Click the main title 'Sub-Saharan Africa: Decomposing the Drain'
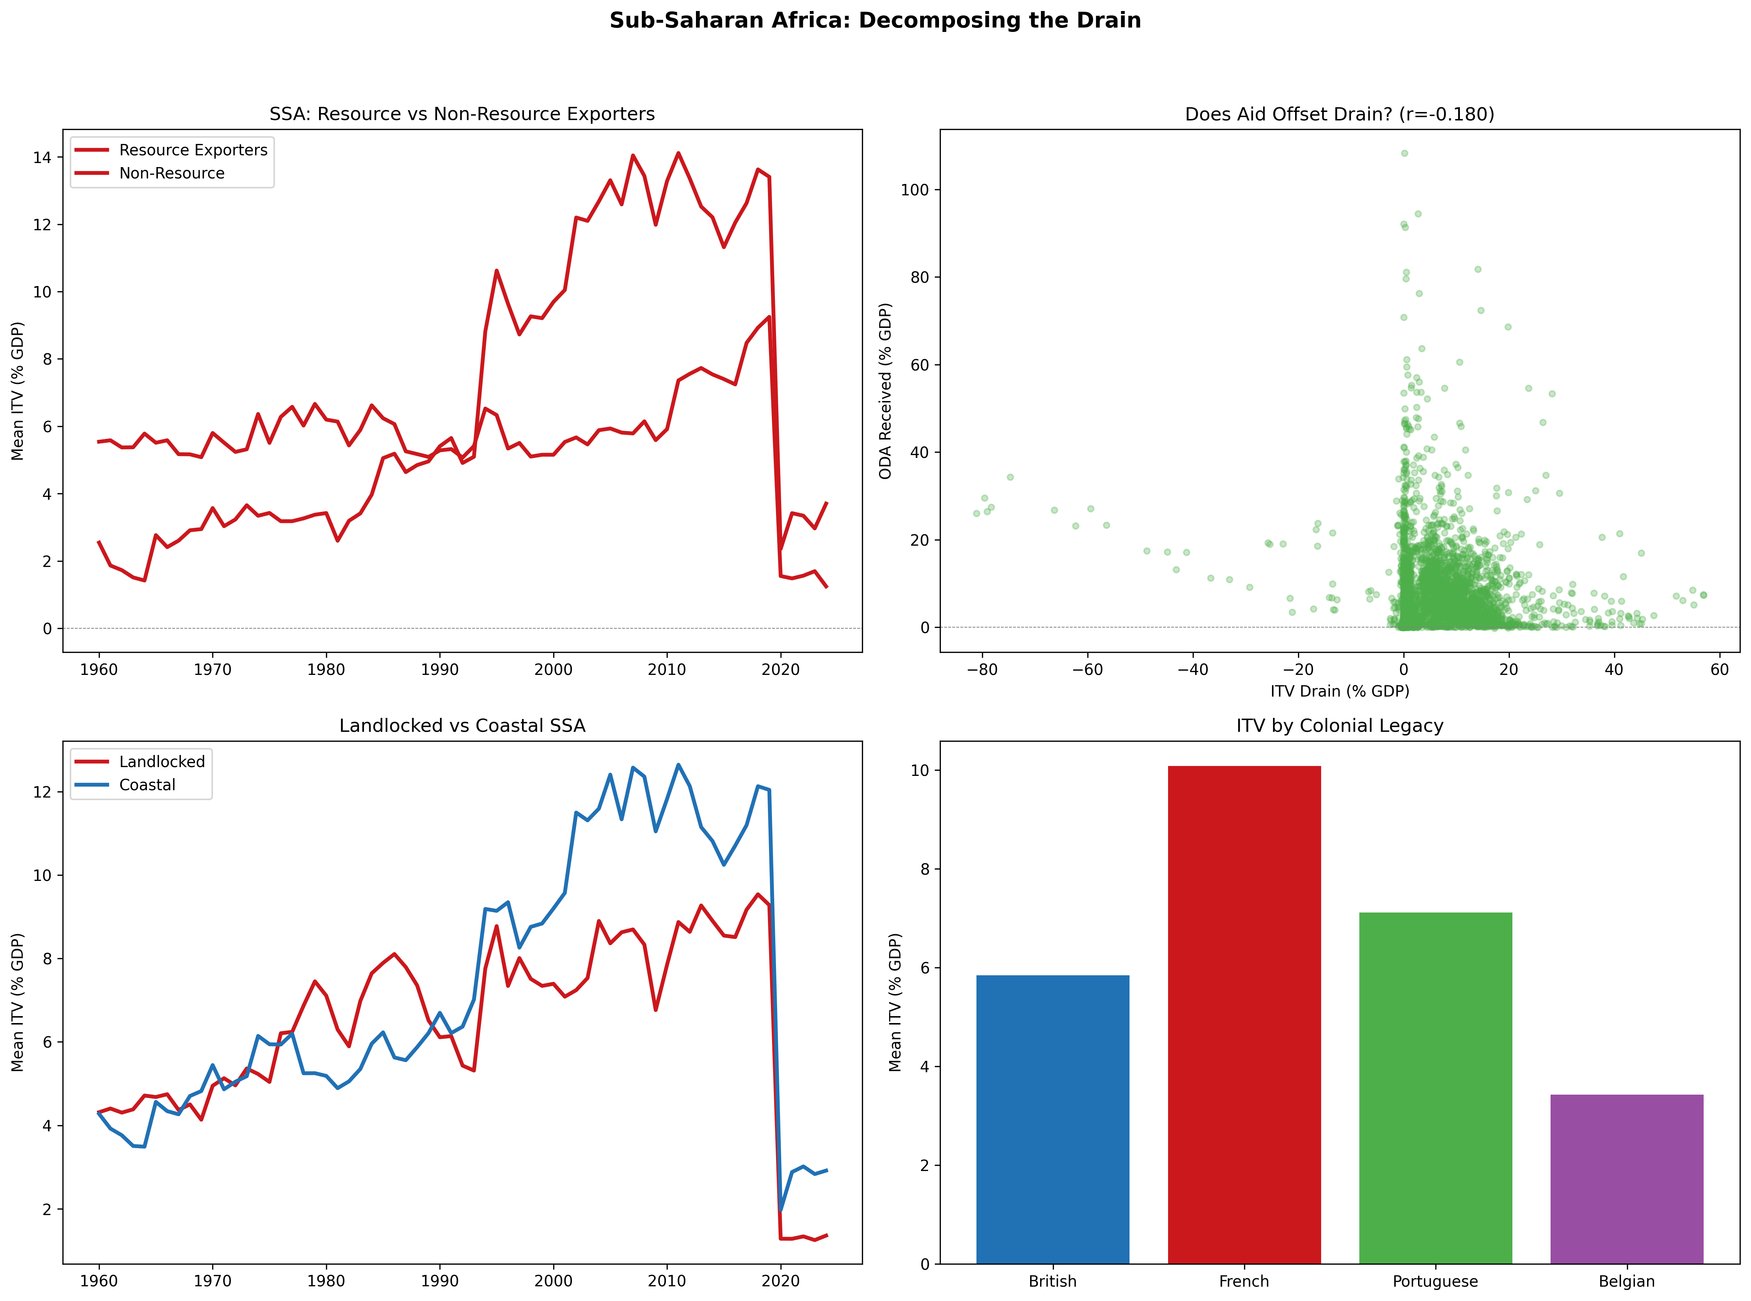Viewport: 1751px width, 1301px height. point(875,21)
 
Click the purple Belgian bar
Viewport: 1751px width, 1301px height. point(1627,1179)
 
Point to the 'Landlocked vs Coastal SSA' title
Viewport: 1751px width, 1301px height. point(462,725)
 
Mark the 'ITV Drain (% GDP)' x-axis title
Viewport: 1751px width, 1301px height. point(1339,691)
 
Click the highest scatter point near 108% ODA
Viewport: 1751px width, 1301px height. point(1404,153)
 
